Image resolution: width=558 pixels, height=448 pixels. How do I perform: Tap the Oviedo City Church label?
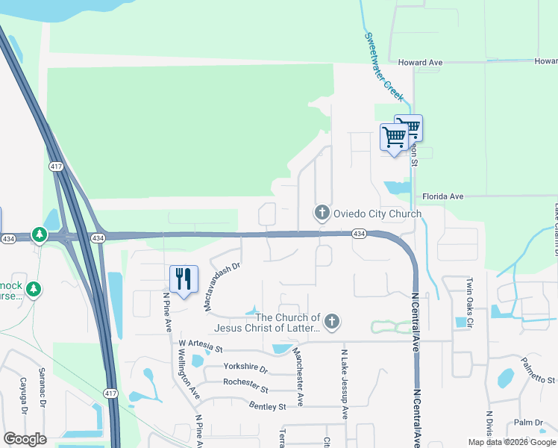377,214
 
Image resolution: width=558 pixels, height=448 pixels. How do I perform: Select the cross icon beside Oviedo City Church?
322,214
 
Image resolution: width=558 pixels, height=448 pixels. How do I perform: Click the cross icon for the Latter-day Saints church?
332,323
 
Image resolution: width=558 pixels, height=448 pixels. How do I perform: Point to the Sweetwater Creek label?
384,68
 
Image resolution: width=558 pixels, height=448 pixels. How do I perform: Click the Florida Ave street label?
443,196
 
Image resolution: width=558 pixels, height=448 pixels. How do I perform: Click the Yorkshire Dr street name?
245,367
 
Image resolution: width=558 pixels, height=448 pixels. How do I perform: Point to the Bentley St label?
267,407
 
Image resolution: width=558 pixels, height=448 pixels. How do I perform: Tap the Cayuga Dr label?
22,402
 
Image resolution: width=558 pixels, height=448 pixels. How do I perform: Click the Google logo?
25,439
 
